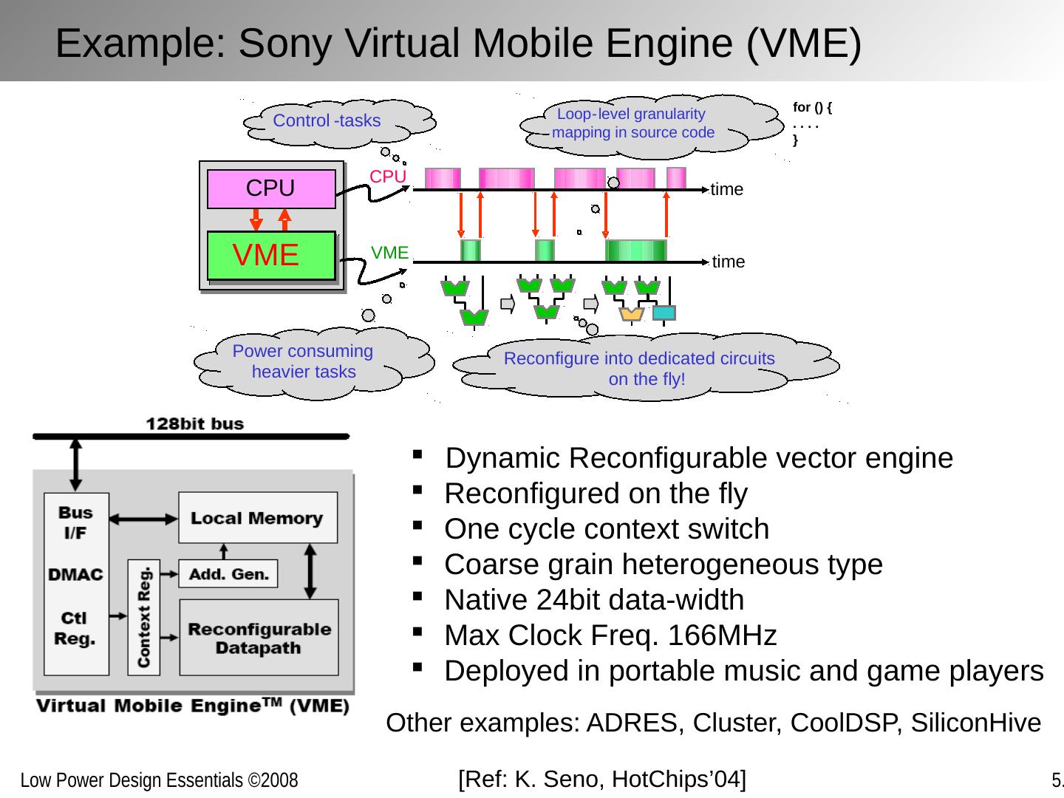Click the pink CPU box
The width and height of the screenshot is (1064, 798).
[x=270, y=189]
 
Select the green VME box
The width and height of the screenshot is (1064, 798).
[x=270, y=256]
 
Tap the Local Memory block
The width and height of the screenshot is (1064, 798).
[x=257, y=518]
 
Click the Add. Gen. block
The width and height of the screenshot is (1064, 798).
[x=228, y=573]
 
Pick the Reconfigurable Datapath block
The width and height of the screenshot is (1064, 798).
[x=259, y=638]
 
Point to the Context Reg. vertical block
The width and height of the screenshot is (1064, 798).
[x=143, y=617]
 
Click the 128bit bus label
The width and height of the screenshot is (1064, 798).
[x=194, y=424]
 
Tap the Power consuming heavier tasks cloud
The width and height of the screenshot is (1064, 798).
[x=303, y=362]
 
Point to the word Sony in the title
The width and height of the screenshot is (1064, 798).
[x=284, y=43]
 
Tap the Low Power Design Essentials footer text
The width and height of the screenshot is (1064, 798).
[x=159, y=780]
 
